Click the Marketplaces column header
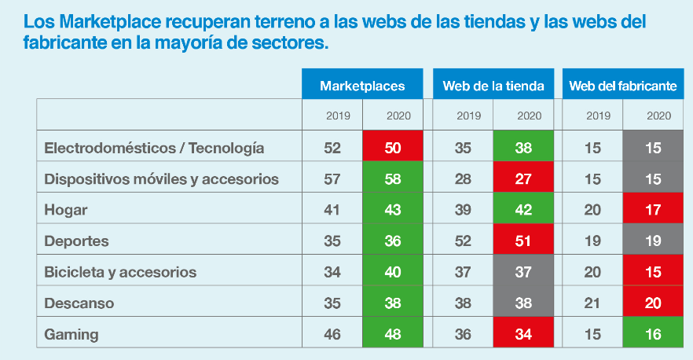tap(362, 86)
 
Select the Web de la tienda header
tap(493, 86)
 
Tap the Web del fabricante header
tap(622, 86)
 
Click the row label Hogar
tap(66, 210)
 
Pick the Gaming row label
tap(71, 334)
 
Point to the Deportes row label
tap(76, 241)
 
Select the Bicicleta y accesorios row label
tap(120, 272)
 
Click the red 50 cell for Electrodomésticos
tap(394, 148)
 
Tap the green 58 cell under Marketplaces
tap(394, 179)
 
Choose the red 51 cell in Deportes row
tap(524, 241)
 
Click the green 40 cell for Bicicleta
tap(394, 272)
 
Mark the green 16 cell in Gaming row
tap(654, 334)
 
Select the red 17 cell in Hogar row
tap(654, 210)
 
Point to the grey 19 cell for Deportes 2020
tap(654, 241)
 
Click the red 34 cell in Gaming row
tap(524, 334)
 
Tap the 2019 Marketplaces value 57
tap(333, 179)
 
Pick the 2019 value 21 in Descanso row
tap(593, 303)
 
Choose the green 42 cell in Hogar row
tap(524, 210)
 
